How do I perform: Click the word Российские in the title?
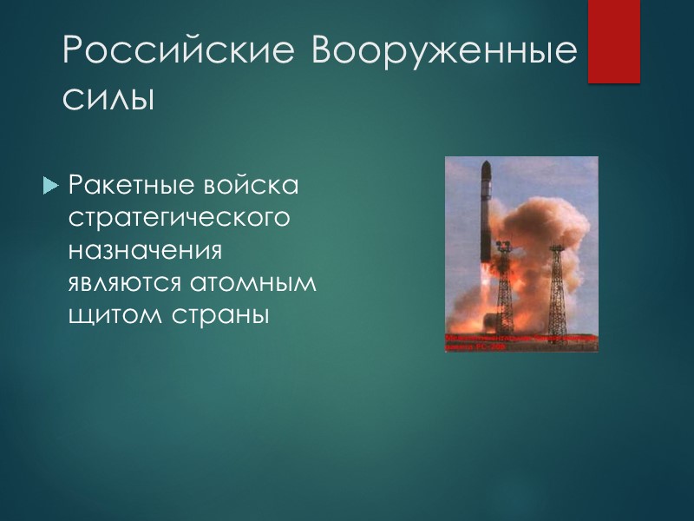[x=179, y=54]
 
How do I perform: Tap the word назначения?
[x=146, y=251]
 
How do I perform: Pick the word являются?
[x=131, y=283]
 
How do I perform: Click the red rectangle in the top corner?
[x=613, y=41]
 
